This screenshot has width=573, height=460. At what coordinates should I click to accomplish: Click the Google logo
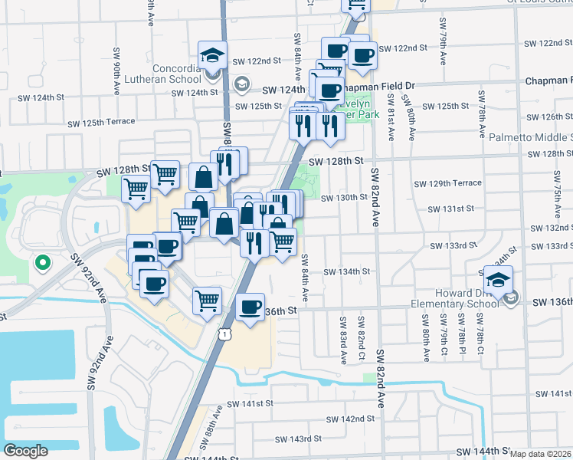click(25, 451)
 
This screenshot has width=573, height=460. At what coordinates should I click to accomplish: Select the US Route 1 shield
click(224, 333)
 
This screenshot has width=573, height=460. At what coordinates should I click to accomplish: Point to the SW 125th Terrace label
click(101, 122)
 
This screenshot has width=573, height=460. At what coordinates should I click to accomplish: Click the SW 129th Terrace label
click(447, 183)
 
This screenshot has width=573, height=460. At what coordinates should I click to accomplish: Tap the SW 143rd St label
click(298, 439)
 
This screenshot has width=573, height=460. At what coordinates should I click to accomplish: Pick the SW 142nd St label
click(350, 419)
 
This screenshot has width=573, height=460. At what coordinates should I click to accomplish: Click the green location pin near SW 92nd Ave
click(42, 263)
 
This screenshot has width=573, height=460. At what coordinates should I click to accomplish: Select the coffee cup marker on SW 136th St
click(250, 308)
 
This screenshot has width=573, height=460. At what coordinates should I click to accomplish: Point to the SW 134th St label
click(346, 271)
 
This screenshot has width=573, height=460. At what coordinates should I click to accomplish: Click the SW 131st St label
click(451, 209)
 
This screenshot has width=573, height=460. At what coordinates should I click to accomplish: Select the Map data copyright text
click(540, 454)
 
